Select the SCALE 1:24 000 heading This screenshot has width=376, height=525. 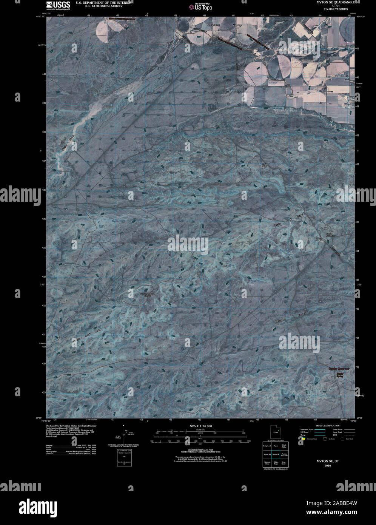tap(201, 426)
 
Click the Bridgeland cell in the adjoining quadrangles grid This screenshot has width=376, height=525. tap(267, 446)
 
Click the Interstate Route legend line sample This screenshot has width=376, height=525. tap(320, 430)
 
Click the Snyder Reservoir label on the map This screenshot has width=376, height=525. tap(338, 368)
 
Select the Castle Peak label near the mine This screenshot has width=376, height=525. tap(319, 239)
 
